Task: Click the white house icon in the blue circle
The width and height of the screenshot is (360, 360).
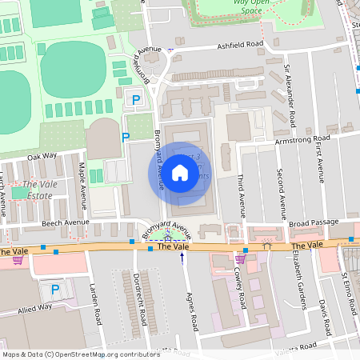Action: [180, 172]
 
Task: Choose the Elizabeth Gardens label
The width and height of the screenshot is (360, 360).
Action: [302, 278]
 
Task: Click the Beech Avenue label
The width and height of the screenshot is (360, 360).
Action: [65, 222]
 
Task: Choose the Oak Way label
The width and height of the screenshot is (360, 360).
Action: [42, 156]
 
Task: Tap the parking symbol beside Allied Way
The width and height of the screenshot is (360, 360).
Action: [54, 290]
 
